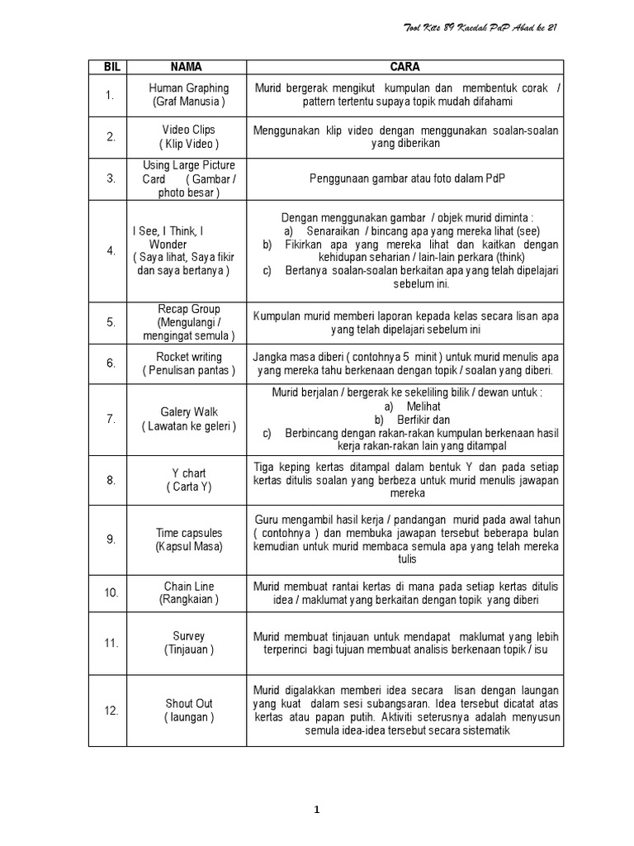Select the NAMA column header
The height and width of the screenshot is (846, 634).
(186, 67)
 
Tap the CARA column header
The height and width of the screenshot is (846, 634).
(405, 67)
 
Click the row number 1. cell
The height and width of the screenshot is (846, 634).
(110, 95)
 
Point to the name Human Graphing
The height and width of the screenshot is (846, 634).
(189, 88)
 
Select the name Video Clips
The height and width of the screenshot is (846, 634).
(188, 130)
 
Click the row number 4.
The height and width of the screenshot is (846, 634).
(111, 251)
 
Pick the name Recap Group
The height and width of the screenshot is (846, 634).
(189, 309)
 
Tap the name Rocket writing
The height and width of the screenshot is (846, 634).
(189, 357)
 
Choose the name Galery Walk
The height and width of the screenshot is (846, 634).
(188, 411)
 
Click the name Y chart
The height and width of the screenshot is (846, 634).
(188, 473)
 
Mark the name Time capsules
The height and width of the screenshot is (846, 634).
(188, 533)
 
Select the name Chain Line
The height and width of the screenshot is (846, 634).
(188, 587)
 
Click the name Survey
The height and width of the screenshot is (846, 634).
(188, 636)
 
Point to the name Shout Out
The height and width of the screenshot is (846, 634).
(188, 704)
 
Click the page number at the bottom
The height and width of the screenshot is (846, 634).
(317, 810)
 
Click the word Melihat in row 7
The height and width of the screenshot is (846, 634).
(423, 406)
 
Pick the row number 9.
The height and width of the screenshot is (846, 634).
(111, 539)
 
